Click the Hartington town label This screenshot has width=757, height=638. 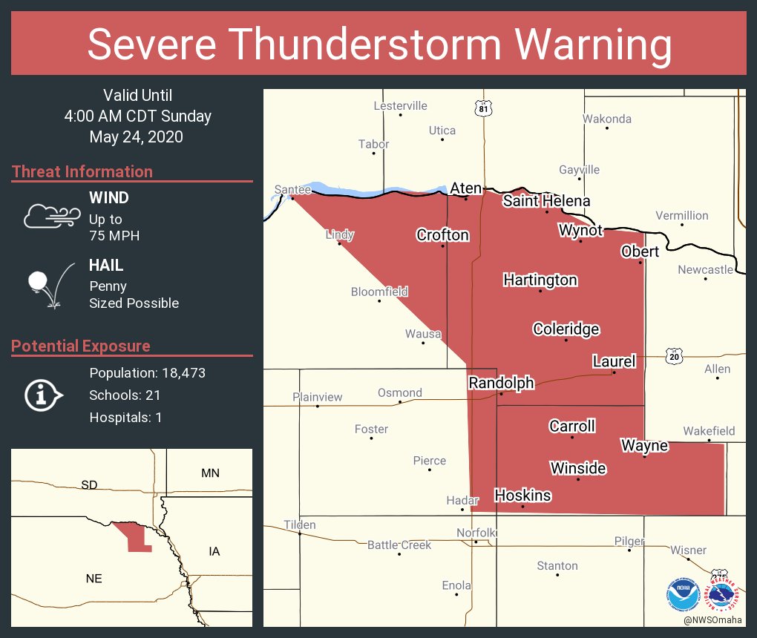pyautogui.click(x=540, y=280)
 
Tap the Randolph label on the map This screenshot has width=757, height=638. pyautogui.click(x=500, y=383)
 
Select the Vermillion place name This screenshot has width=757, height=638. pyautogui.click(x=681, y=216)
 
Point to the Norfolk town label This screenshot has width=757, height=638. pyautogui.click(x=476, y=533)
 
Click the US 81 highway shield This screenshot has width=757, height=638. pyautogui.click(x=484, y=109)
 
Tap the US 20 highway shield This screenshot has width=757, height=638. pyautogui.click(x=673, y=357)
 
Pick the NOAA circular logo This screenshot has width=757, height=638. pyautogui.click(x=683, y=594)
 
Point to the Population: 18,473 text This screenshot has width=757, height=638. pyautogui.click(x=147, y=373)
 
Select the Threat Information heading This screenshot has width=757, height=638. pyautogui.click(x=82, y=172)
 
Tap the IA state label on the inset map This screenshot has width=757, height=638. pyautogui.click(x=214, y=551)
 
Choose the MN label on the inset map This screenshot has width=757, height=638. pyautogui.click(x=210, y=473)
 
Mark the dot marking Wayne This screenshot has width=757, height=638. pyautogui.click(x=644, y=457)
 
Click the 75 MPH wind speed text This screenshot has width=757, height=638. pyautogui.click(x=114, y=236)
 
